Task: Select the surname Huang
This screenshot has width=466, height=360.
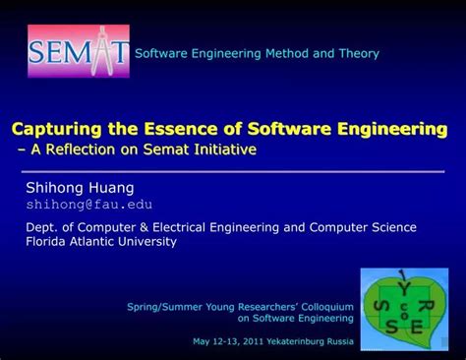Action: (107, 187)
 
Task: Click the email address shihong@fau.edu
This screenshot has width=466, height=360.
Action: (88, 204)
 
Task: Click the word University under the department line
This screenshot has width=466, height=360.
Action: (147, 241)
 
